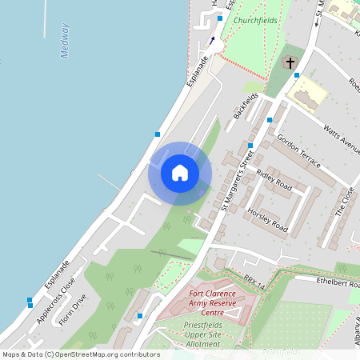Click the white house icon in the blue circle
[180, 172]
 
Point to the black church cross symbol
[289, 62]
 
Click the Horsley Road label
[266, 215]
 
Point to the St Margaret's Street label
[236, 184]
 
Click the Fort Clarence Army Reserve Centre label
[211, 303]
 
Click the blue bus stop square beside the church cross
[297, 75]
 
